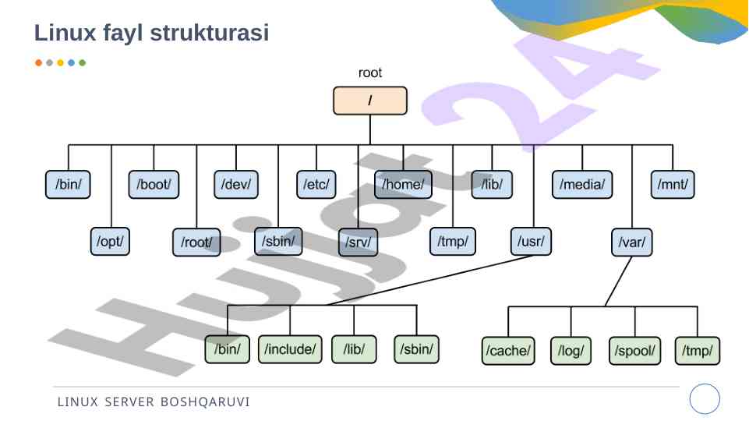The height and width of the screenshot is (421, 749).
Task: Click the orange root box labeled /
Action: tap(370, 101)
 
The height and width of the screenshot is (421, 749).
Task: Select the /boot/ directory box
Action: tap(154, 185)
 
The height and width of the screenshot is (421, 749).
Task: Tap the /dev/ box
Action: tap(236, 185)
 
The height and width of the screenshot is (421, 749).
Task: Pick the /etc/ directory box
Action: tap(316, 185)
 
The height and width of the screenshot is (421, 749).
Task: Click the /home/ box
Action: tap(403, 185)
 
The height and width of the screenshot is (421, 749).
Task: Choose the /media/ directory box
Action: tap(582, 185)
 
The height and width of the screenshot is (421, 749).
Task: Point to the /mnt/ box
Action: tap(673, 185)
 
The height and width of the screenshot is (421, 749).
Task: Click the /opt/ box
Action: tap(111, 242)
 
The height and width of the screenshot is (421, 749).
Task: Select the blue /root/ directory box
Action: tap(196, 242)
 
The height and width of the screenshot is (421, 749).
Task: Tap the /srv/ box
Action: tap(358, 242)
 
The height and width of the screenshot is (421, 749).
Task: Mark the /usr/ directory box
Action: tap(532, 242)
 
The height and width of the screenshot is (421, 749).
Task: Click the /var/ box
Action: tap(631, 242)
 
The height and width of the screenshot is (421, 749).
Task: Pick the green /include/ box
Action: tap(289, 349)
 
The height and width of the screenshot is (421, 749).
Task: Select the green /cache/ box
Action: tap(508, 351)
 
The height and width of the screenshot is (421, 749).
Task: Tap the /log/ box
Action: tap(571, 351)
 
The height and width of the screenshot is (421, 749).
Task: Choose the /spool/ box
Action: tap(634, 351)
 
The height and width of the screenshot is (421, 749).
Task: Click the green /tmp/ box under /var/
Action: tap(698, 351)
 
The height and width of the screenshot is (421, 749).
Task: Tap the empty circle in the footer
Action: tap(705, 399)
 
